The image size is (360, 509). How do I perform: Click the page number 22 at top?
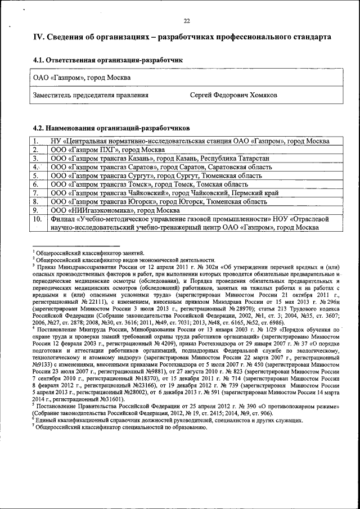[186, 21]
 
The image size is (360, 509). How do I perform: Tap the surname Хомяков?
[259, 96]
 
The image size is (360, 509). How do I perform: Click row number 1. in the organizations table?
[36, 141]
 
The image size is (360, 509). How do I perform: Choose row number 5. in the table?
[36, 175]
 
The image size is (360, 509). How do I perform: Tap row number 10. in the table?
[37, 219]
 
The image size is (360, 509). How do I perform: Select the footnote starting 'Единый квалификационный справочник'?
[169, 420]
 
